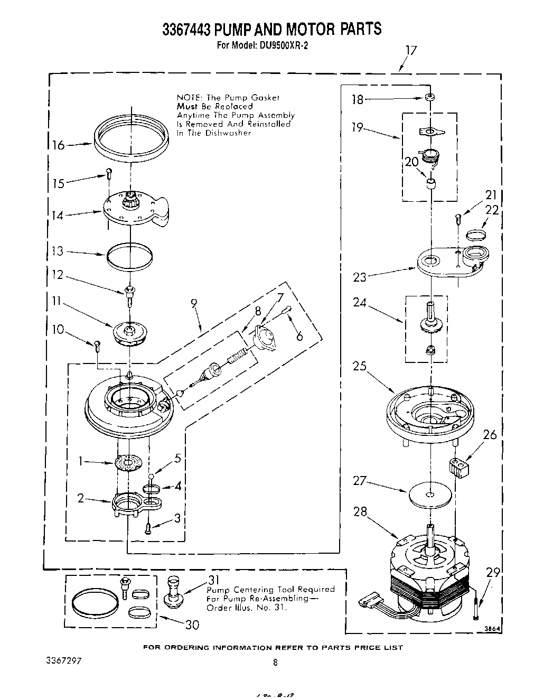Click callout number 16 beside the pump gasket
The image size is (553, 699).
click(58, 145)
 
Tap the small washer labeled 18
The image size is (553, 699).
click(430, 98)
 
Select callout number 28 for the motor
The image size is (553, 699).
click(360, 511)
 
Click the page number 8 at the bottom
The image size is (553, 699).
click(275, 662)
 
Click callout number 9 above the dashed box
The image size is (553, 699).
click(194, 303)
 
